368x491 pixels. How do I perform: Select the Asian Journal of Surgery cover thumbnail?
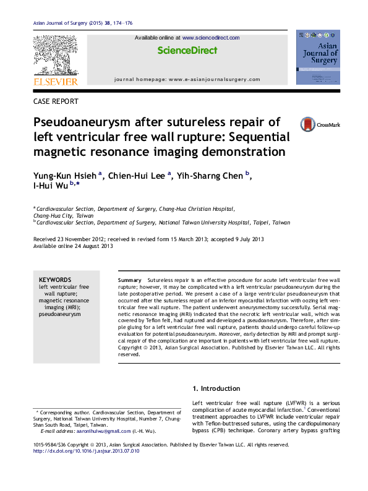pos(318,58)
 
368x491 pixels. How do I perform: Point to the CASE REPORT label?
pos(56,101)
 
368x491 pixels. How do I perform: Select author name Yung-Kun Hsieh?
pos(64,176)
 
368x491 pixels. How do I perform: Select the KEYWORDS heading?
pos(55,280)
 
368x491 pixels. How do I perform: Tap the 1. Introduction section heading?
pos(216,388)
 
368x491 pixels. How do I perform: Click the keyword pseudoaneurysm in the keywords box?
pos(60,314)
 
